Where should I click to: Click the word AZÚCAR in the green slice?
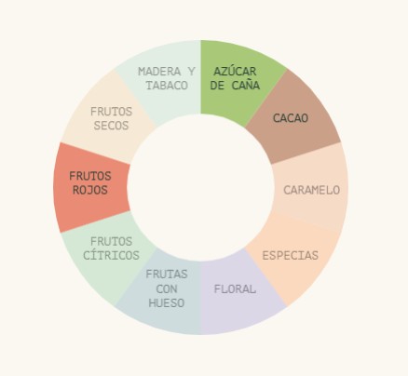[x=235, y=71]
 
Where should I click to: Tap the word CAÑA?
[x=246, y=85]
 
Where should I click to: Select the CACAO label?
[x=291, y=118]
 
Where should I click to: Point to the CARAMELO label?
[x=312, y=190]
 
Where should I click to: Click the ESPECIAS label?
[x=291, y=256]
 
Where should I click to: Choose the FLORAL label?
[x=235, y=289]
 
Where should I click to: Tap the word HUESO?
[x=167, y=303]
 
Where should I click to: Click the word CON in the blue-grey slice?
[x=167, y=289]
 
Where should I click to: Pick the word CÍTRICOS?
[x=111, y=255]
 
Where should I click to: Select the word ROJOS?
[x=90, y=190]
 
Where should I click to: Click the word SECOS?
[x=111, y=126]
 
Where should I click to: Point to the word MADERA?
[x=159, y=72]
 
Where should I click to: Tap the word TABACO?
[x=167, y=86]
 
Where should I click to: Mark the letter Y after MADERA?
[x=191, y=72]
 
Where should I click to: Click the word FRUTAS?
[x=167, y=275]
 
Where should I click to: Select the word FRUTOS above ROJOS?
[x=90, y=176]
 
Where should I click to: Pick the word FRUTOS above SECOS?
[x=111, y=112]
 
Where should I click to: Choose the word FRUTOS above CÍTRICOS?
[x=111, y=241]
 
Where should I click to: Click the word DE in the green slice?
[x=217, y=86]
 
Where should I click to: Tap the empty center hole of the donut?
[x=201, y=188]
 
